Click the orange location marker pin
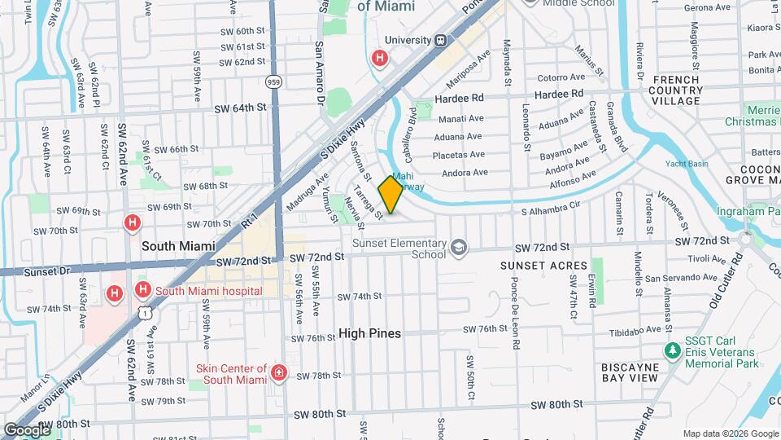pos(390,195)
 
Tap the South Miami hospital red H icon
pos(142,290)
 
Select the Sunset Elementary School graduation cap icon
pos(460,247)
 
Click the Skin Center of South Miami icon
pos(279,373)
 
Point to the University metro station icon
pos(440,40)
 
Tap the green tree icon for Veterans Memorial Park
pos(672,350)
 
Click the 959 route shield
pos(273,81)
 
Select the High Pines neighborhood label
pos(370,333)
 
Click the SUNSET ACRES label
pos(543,266)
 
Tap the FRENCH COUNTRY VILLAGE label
pos(676,90)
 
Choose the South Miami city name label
pos(178,245)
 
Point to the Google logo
pos(26,429)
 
